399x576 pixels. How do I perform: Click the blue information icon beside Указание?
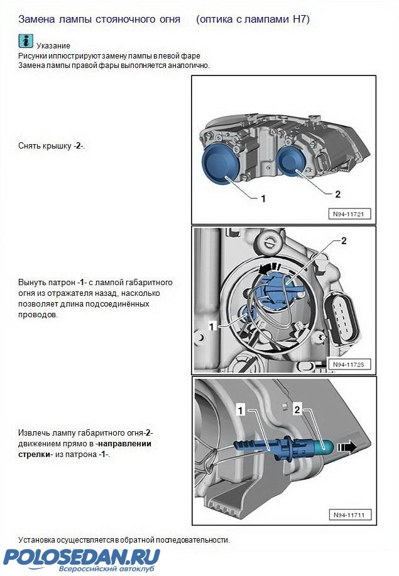pos(26,41)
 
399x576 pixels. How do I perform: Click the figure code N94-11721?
pos(348,214)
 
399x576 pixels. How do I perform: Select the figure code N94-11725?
pos(348,364)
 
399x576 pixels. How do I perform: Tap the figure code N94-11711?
pos(349,515)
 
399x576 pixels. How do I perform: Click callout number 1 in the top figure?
pos(263,199)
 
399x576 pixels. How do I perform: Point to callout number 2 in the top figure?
pos(338,194)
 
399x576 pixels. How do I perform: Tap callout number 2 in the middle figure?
pos(344,241)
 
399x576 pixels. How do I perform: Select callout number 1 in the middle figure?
pos(211,326)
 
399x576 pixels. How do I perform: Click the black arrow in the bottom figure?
pos(347,447)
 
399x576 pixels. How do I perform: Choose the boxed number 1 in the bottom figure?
pos(241,410)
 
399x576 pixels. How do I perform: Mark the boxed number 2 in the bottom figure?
pos(297,409)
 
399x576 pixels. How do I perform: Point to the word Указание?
pos(53,46)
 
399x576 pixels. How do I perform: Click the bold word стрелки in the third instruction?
pos(34,454)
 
